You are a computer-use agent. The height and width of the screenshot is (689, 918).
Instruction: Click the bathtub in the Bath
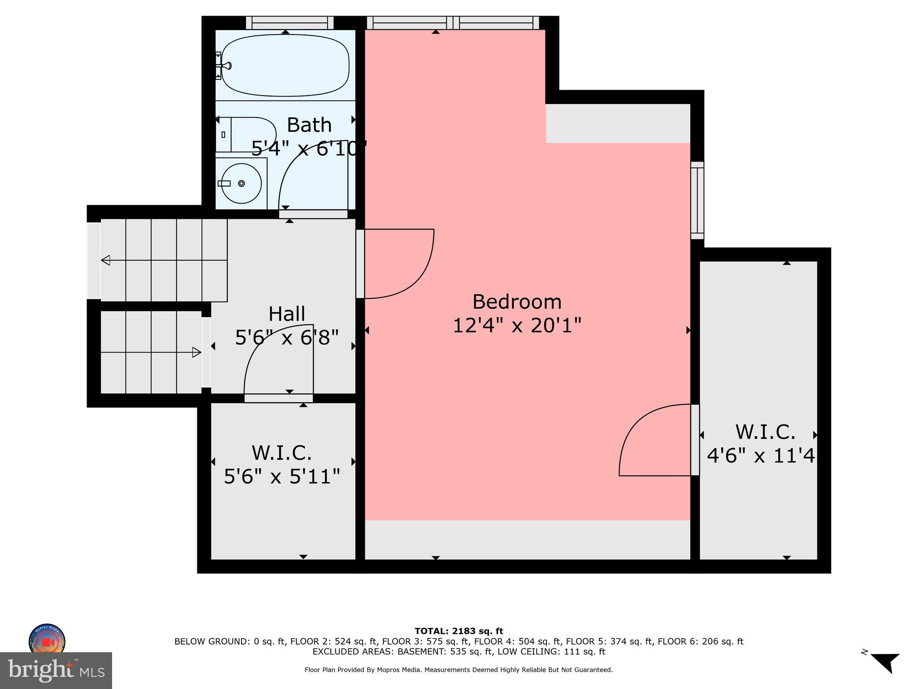(285, 65)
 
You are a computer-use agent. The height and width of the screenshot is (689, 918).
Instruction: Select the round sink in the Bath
(241, 183)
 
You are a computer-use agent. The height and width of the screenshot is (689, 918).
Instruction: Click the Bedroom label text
(517, 302)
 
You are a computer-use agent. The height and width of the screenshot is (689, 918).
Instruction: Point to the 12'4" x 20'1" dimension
(517, 326)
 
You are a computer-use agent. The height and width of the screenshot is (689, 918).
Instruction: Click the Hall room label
(287, 314)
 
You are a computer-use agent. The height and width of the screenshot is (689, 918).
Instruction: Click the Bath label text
(309, 125)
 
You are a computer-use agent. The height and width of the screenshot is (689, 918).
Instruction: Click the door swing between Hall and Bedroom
(399, 264)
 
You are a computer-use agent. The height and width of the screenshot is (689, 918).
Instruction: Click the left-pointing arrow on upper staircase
(106, 260)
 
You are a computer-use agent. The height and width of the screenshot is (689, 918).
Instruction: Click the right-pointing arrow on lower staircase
(196, 353)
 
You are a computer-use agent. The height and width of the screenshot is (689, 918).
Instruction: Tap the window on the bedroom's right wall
(697, 201)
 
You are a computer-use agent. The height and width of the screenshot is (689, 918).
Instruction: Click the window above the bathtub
(290, 22)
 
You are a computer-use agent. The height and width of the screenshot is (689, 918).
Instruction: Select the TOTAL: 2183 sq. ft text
(459, 632)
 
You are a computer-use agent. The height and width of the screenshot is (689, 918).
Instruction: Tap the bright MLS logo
(56, 670)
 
